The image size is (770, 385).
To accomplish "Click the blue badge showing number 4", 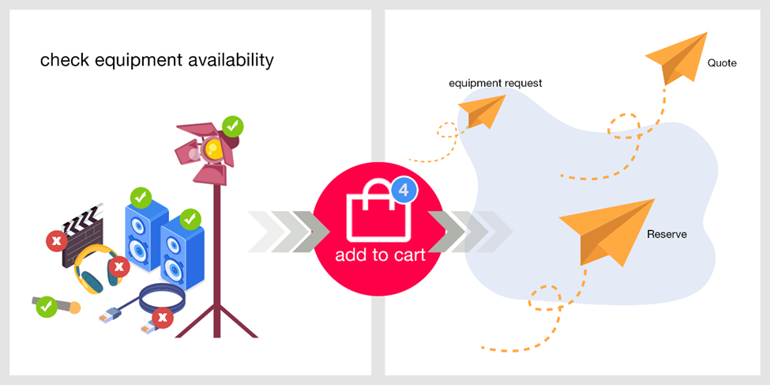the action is [404, 191].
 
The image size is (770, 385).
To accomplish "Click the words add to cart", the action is [380, 255].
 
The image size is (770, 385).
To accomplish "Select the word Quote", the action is [722, 63].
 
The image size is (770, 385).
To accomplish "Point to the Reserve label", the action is [667, 235].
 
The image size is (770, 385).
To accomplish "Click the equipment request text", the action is [495, 83].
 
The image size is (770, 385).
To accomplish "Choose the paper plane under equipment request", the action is [482, 111].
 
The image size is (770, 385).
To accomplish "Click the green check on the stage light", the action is [233, 126].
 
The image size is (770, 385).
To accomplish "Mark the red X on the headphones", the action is [118, 267].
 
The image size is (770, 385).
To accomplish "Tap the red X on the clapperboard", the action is [57, 241].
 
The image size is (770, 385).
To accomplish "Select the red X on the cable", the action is [163, 318].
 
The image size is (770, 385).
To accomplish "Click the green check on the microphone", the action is [46, 307].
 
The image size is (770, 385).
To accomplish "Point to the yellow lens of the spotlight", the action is [213, 148].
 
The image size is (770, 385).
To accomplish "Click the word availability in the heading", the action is [231, 61].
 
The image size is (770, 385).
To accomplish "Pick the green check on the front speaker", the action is [190, 220].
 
